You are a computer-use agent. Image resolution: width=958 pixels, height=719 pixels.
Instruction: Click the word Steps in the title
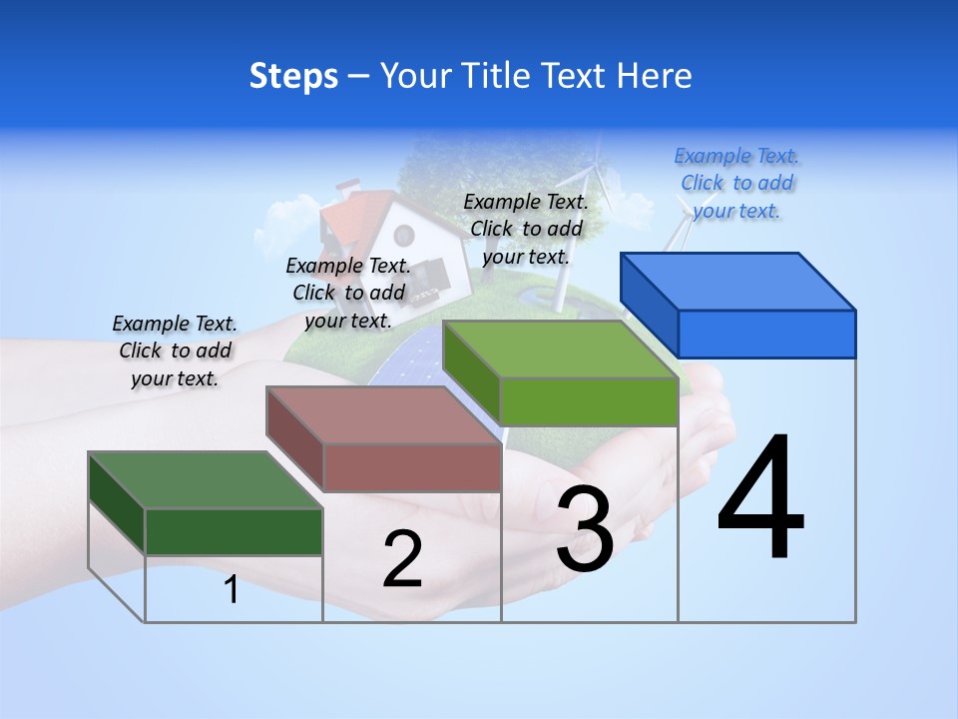(x=293, y=76)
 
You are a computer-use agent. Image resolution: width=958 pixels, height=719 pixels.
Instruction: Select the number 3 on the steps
(x=585, y=529)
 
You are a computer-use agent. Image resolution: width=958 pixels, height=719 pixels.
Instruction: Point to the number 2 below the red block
(x=402, y=559)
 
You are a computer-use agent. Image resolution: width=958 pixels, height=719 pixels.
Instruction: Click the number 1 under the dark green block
(x=232, y=589)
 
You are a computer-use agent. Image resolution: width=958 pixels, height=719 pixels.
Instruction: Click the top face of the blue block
(x=738, y=281)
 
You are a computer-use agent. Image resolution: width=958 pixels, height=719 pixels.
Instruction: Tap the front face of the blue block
(x=766, y=334)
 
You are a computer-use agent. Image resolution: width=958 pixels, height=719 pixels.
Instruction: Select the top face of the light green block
(x=560, y=349)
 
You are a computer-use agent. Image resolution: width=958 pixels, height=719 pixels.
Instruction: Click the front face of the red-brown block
(x=412, y=466)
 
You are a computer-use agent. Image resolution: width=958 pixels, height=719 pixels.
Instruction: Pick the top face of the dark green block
(x=206, y=479)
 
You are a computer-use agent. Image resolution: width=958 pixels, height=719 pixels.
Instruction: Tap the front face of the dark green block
(x=234, y=531)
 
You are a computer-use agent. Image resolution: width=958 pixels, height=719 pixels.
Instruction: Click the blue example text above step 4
(x=736, y=183)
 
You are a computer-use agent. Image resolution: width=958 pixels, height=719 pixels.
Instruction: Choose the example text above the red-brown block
(x=348, y=293)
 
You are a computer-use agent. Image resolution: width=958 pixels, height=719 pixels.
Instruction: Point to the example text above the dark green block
(x=175, y=351)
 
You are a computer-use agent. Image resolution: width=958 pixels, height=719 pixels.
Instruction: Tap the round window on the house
(x=404, y=236)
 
